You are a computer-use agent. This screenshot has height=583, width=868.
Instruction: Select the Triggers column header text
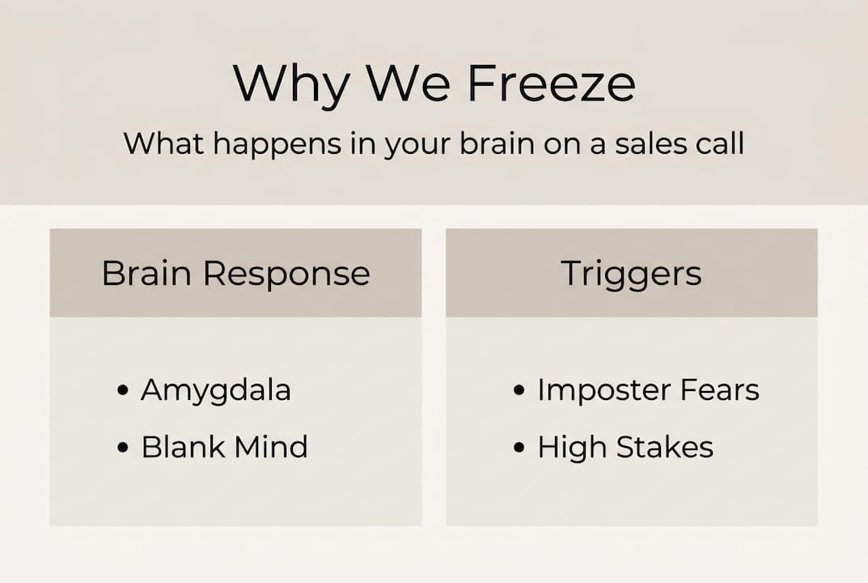pos(631,273)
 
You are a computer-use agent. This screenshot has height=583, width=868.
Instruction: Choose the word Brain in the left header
pos(147,273)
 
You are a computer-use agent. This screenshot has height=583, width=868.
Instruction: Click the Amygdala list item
pos(216,391)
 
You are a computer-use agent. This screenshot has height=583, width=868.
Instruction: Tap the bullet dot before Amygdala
pos(123,391)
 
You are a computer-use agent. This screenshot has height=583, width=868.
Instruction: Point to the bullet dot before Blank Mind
pos(123,447)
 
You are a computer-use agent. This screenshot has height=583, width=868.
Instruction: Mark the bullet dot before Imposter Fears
pos(519,391)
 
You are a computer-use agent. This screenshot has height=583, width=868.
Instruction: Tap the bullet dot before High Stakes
pos(519,447)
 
